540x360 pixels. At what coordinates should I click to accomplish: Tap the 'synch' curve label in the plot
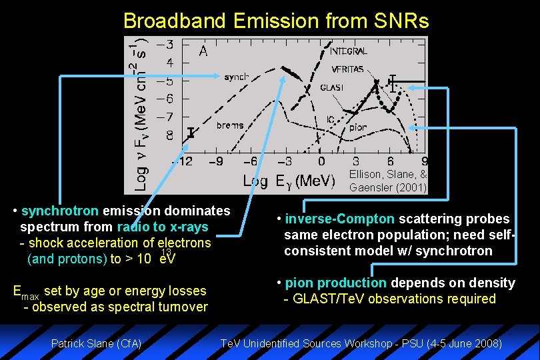pyautogui.click(x=237, y=77)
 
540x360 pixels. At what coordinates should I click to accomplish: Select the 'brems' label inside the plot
pyautogui.click(x=230, y=125)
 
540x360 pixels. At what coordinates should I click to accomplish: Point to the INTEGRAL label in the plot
pyautogui.click(x=349, y=51)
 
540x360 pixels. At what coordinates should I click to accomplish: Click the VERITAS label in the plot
pyautogui.click(x=347, y=69)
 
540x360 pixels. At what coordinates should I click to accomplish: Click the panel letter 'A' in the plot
pyautogui.click(x=203, y=51)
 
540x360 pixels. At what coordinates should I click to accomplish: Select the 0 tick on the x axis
pyautogui.click(x=321, y=161)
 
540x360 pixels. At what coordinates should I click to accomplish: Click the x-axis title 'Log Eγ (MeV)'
pyautogui.click(x=289, y=181)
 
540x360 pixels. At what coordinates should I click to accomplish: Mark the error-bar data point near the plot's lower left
pyautogui.click(x=191, y=133)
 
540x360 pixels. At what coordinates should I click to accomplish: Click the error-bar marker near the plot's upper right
pyautogui.click(x=393, y=82)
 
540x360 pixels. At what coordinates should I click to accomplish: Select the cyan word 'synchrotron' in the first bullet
pyautogui.click(x=60, y=211)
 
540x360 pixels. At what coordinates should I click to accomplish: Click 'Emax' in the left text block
pyautogui.click(x=27, y=291)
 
